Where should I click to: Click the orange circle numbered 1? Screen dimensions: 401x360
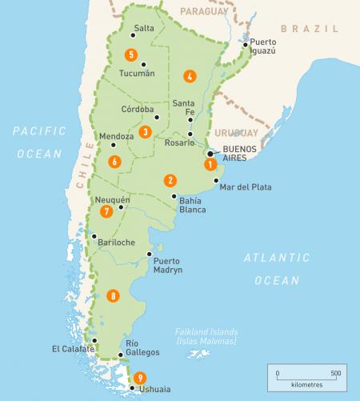210,166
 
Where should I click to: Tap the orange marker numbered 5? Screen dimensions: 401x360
130,54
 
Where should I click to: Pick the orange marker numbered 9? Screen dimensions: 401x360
141,378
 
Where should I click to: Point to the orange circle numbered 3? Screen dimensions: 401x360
145,131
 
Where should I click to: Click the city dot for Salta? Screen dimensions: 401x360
133,35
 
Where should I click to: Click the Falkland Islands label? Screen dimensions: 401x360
207,336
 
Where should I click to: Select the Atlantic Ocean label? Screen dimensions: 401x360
277,269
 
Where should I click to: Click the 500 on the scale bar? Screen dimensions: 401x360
335,374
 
